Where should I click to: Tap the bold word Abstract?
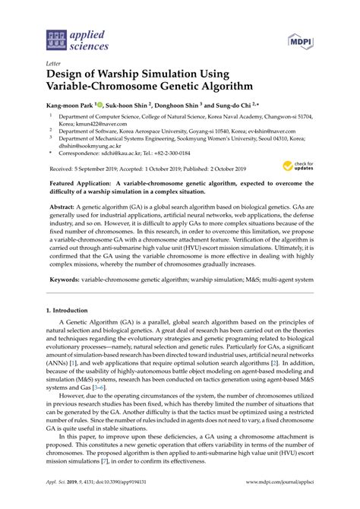[63, 206]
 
